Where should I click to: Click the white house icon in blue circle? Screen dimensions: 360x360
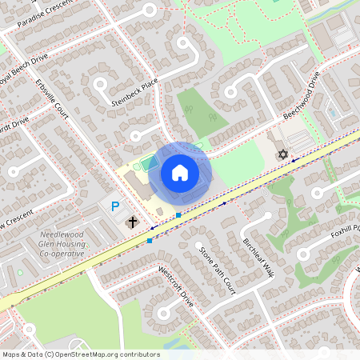(x=180, y=172)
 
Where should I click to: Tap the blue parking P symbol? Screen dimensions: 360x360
(x=115, y=206)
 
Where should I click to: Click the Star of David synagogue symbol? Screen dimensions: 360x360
(x=282, y=154)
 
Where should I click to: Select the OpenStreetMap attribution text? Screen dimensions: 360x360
(x=81, y=354)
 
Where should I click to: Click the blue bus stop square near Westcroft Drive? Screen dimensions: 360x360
(x=150, y=240)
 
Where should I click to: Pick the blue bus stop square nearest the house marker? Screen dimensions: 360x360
(x=178, y=215)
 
